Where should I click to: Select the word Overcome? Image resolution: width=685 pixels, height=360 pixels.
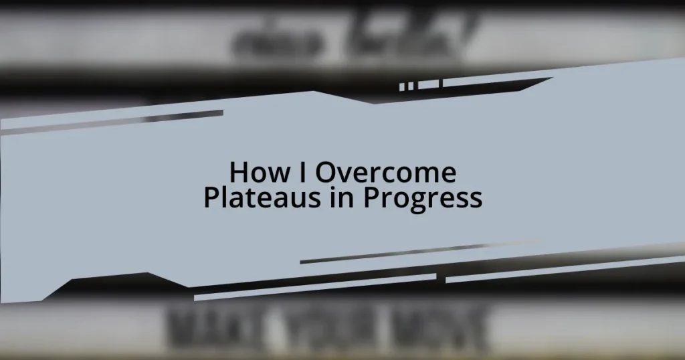[386, 173]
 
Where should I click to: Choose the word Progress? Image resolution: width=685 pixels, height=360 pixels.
[423, 199]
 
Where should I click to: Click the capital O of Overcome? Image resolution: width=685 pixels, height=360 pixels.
[326, 173]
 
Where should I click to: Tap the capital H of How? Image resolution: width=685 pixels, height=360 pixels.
[238, 173]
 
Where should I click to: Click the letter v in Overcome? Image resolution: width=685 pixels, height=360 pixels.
[344, 175]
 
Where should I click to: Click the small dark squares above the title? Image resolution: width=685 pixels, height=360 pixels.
[407, 86]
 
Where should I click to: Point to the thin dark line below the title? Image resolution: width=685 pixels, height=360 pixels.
[415, 253]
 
